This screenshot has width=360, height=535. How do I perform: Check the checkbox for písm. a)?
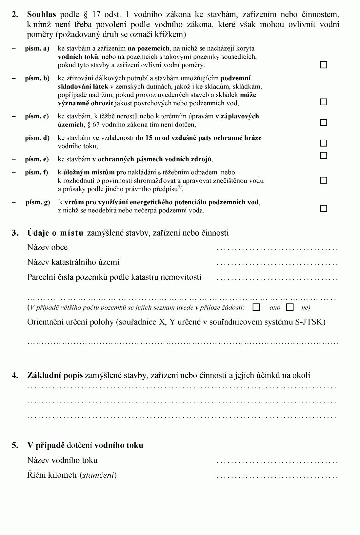[324, 65]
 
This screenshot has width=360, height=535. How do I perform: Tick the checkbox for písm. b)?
[324, 102]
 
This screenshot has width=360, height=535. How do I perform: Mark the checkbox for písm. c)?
[324, 123]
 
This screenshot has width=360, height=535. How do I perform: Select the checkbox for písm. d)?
[324, 143]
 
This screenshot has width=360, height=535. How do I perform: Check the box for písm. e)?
[324, 155]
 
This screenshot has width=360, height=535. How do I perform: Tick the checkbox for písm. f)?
[324, 180]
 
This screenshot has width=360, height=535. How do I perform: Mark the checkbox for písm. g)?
[324, 208]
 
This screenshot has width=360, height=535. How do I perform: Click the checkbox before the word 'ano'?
[256, 307]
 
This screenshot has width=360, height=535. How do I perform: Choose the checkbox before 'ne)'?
[290, 307]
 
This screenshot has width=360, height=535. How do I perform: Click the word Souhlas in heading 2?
[42, 14]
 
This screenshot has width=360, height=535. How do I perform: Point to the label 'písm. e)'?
[37, 159]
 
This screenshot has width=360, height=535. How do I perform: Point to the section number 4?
[15, 376]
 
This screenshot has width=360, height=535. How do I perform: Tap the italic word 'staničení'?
[98, 475]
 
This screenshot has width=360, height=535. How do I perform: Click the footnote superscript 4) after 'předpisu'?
[179, 187]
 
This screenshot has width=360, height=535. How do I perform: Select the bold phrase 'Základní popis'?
[55, 376]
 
